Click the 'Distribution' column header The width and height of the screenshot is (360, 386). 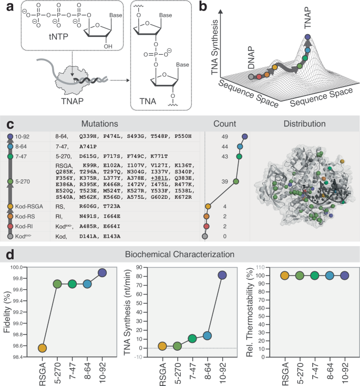(x=303, y=125)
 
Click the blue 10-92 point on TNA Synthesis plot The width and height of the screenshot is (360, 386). (x=222, y=275)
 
